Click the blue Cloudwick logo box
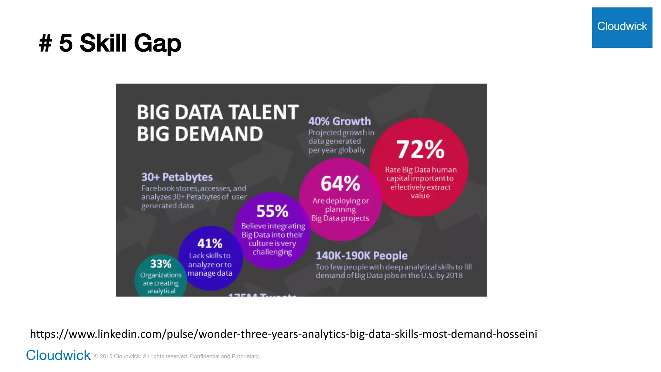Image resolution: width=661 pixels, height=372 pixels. pyautogui.click(x=622, y=27)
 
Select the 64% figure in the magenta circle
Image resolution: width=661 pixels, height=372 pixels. pyautogui.click(x=340, y=183)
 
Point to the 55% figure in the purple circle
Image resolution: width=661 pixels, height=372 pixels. pyautogui.click(x=272, y=211)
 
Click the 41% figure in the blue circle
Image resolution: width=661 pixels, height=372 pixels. pyautogui.click(x=210, y=243)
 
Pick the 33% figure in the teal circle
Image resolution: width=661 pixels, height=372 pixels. pyautogui.click(x=161, y=264)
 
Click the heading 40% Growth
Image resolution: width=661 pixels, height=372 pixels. pyautogui.click(x=340, y=121)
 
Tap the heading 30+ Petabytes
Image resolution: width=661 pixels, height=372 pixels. pyautogui.click(x=177, y=177)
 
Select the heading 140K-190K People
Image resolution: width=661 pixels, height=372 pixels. pyautogui.click(x=361, y=256)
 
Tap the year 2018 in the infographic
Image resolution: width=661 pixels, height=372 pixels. pyautogui.click(x=454, y=275)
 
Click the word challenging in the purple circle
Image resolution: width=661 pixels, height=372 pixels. pyautogui.click(x=272, y=252)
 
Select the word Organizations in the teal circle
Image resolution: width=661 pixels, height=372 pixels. pyautogui.click(x=161, y=275)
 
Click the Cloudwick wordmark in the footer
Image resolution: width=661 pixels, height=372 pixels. pyautogui.click(x=58, y=355)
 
